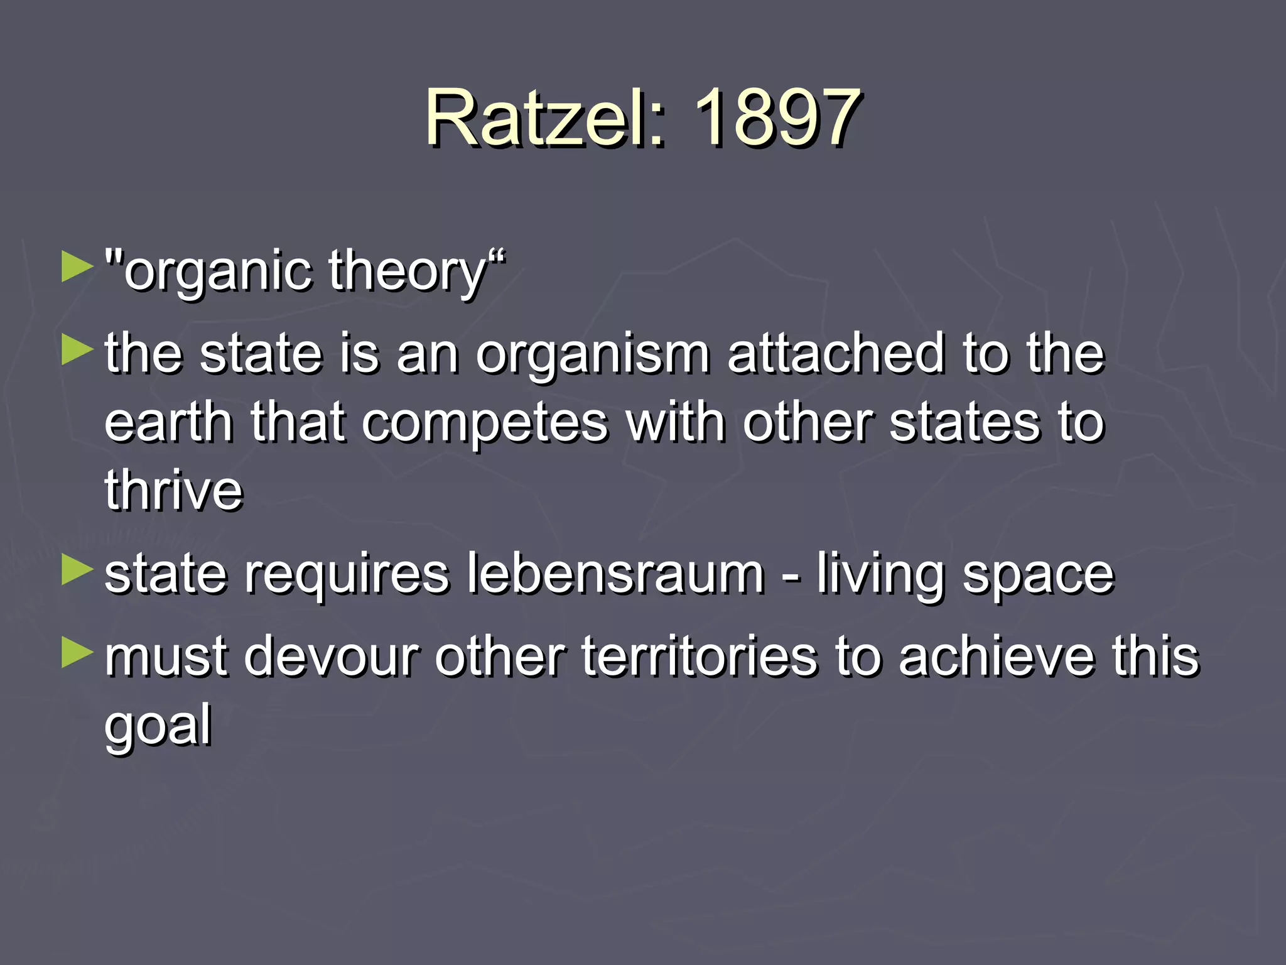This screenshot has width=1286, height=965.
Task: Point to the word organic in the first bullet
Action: click(217, 272)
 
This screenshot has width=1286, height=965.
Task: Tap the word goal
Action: click(158, 726)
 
